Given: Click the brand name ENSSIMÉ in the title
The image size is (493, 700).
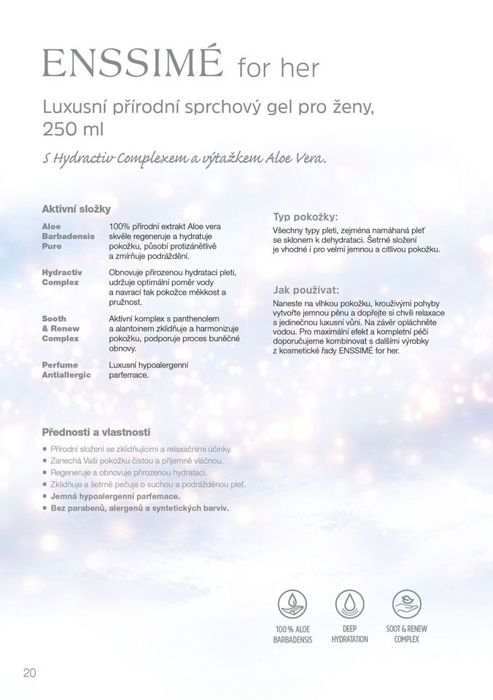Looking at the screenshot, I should point(132,64).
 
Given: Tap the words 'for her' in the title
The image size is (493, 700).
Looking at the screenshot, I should point(279,68).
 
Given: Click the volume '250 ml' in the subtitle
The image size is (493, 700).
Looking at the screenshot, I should point(73,129).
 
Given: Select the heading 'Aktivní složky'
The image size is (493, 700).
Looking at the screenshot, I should point(76,209).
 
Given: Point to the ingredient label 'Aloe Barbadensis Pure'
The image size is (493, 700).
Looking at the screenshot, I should point(68,236).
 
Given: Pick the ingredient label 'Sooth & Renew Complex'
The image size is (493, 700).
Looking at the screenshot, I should point(61,328).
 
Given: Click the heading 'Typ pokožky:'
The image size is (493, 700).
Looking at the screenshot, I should point(306,217).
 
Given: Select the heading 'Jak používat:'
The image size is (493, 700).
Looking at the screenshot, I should point(306,289).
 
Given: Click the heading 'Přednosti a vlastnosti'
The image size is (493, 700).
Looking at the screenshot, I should point(96,432).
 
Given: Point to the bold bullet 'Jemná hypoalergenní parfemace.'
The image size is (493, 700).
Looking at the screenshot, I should point(115,496).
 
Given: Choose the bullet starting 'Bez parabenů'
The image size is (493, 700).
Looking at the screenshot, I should point(139,507).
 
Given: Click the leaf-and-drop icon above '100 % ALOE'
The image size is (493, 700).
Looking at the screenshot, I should point(292,604).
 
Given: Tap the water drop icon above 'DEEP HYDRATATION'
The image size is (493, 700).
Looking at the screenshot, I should point(350,604).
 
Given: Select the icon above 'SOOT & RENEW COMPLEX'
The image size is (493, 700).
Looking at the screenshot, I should point(406,604).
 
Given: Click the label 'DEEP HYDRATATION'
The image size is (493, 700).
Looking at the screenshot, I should point(350,634).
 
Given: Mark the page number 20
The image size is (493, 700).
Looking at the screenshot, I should point(29,673).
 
